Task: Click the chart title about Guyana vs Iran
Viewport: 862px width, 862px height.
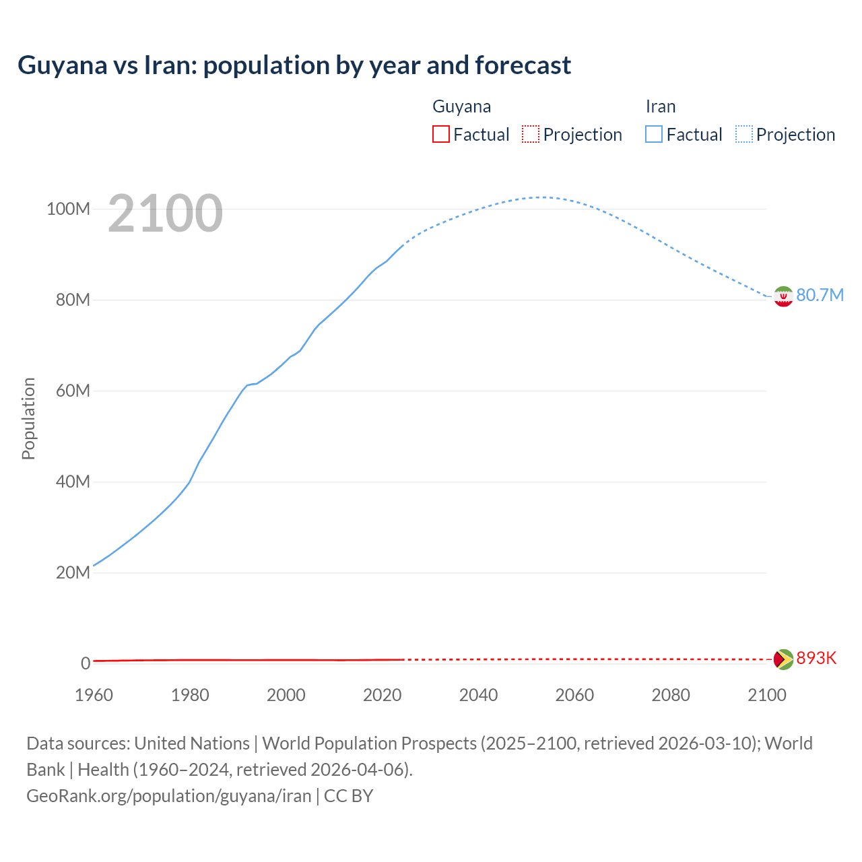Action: click(294, 65)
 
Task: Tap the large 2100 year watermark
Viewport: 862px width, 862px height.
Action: click(165, 213)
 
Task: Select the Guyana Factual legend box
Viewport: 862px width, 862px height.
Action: click(441, 135)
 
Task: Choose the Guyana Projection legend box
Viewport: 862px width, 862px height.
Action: click(531, 135)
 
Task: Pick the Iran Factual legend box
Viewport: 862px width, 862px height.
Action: click(654, 135)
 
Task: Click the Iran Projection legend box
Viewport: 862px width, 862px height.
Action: click(744, 135)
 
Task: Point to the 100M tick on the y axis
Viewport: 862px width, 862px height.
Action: click(68, 209)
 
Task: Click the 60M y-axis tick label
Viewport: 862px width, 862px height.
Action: click(73, 391)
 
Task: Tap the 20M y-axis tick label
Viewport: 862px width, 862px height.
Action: click(73, 573)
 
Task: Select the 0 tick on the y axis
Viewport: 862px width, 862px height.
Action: click(86, 663)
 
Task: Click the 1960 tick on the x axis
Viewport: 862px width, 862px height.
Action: click(94, 695)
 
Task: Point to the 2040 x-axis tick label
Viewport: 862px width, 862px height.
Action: click(478, 695)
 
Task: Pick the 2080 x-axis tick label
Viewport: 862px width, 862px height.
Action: click(671, 695)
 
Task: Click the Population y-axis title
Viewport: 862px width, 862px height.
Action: click(28, 418)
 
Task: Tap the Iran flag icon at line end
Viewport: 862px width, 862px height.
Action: click(783, 296)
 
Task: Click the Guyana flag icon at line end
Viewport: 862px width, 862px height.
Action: click(783, 659)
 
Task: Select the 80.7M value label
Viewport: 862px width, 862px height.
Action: click(820, 296)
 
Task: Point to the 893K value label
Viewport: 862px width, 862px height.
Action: click(816, 659)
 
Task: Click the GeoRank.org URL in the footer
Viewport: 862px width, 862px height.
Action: click(168, 796)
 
